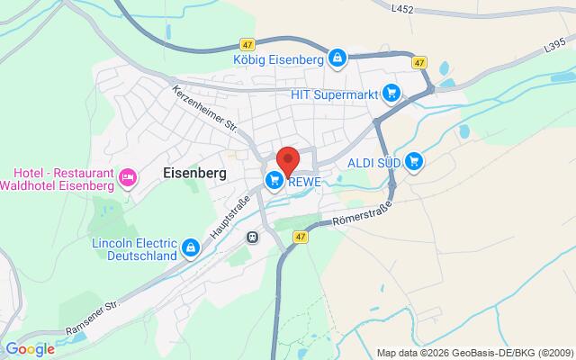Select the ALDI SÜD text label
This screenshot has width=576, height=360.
(x=373, y=163)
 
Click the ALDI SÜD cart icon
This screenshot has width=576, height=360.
(x=414, y=162)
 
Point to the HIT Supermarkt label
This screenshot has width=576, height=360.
(x=331, y=92)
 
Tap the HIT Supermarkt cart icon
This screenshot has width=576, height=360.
(x=391, y=92)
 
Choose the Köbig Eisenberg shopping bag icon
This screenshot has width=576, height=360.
(x=337, y=58)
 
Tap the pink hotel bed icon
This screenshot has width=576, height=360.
(x=128, y=178)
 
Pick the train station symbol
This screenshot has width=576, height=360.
(x=253, y=237)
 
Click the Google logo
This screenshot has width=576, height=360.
(x=30, y=349)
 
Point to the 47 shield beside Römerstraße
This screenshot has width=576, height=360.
(x=300, y=236)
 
